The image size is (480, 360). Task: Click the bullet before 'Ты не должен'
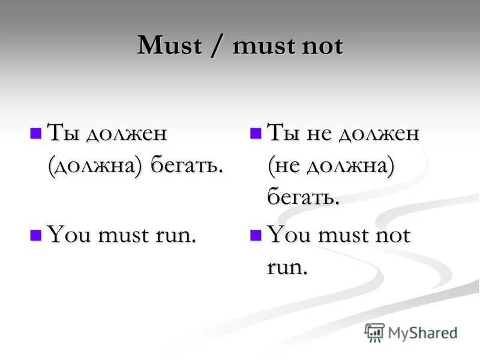(x=255, y=132)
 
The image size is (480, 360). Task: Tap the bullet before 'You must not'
(x=255, y=234)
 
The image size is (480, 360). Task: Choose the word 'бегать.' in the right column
(x=304, y=197)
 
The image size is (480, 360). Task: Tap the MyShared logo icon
(x=374, y=332)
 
